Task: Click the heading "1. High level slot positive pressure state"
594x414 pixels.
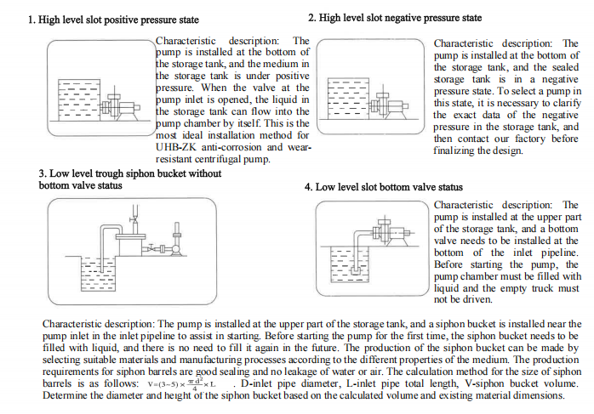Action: tap(113, 20)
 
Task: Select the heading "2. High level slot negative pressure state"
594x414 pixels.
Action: tap(395, 18)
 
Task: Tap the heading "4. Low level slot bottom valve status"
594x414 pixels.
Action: tap(383, 187)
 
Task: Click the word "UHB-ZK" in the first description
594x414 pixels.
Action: tap(176, 147)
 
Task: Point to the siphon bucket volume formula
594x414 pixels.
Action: tap(182, 383)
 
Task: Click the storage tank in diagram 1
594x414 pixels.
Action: tap(79, 100)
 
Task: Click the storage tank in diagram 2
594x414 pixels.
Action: tap(349, 99)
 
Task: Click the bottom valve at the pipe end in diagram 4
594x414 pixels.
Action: tap(356, 270)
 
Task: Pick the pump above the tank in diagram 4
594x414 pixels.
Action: tap(391, 231)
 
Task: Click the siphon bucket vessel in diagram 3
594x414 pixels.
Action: tap(130, 245)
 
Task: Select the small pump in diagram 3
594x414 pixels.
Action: tap(176, 248)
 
